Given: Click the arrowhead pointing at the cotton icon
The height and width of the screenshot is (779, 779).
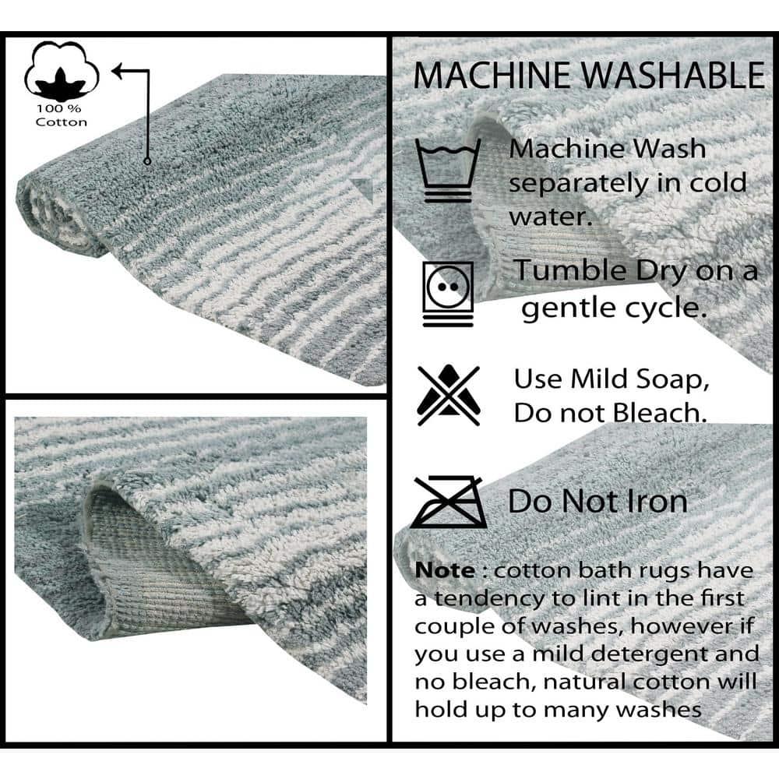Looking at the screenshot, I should [119, 72].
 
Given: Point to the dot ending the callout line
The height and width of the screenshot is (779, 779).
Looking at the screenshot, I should [146, 161].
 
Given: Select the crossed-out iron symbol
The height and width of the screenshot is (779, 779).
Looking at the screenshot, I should [449, 502].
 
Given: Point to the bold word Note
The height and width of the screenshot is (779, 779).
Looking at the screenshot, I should [444, 570].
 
